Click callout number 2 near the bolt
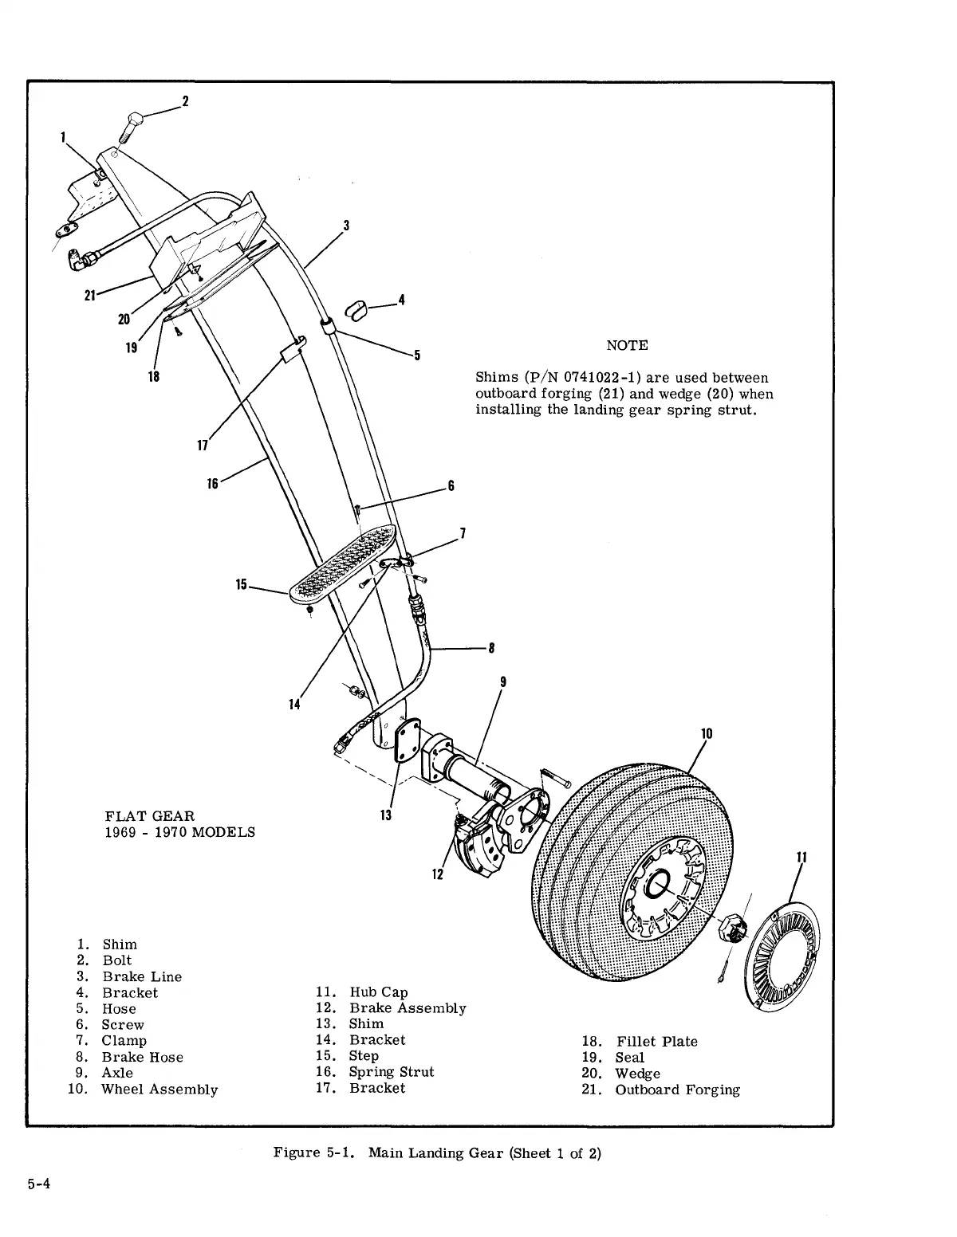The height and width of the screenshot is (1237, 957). coord(185,101)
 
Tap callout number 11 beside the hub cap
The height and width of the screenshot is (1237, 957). coord(802,858)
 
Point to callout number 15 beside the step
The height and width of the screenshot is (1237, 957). coord(242,585)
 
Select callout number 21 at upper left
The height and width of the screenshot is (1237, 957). coord(90,296)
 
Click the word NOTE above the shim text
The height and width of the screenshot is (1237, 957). coord(627,345)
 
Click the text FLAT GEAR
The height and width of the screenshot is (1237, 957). coord(149,815)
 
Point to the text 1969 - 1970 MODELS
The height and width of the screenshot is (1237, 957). coord(180,832)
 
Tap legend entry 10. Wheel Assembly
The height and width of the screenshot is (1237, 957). coord(143,1090)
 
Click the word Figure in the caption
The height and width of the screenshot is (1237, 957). coord(296,1153)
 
